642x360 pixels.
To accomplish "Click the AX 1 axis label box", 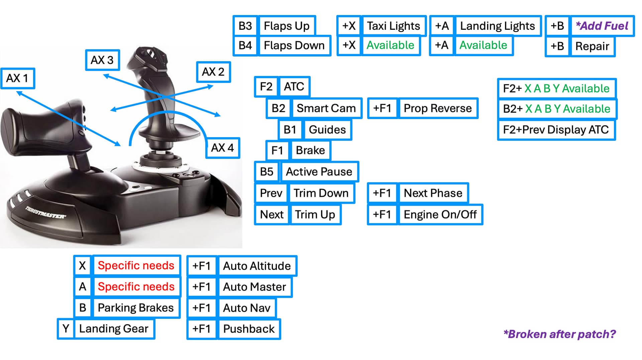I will click(18, 78).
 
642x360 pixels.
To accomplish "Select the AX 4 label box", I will click(222, 148).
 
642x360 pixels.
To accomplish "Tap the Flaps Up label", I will click(287, 26).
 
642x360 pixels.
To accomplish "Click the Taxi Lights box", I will click(393, 26).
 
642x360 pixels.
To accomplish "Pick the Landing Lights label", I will click(497, 26).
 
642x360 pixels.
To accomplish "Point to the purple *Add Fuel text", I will click(602, 26).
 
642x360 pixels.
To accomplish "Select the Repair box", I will click(592, 46).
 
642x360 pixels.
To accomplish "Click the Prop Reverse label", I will click(437, 108).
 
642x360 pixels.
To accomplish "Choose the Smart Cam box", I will click(326, 108).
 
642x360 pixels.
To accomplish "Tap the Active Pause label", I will click(319, 172).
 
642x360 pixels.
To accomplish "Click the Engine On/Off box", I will click(440, 214).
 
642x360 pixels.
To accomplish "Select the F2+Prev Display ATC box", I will click(556, 129).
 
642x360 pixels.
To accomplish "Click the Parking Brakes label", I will click(135, 308).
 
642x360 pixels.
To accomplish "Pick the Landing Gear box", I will click(113, 329).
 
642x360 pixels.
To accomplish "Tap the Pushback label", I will click(249, 329).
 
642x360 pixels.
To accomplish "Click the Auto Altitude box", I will click(256, 266).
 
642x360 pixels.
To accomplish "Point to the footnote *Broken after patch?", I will click(559, 334).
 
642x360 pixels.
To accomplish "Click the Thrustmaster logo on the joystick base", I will click(45, 212).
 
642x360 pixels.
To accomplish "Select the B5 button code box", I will click(266, 172).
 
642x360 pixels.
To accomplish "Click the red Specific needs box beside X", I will click(136, 266).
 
